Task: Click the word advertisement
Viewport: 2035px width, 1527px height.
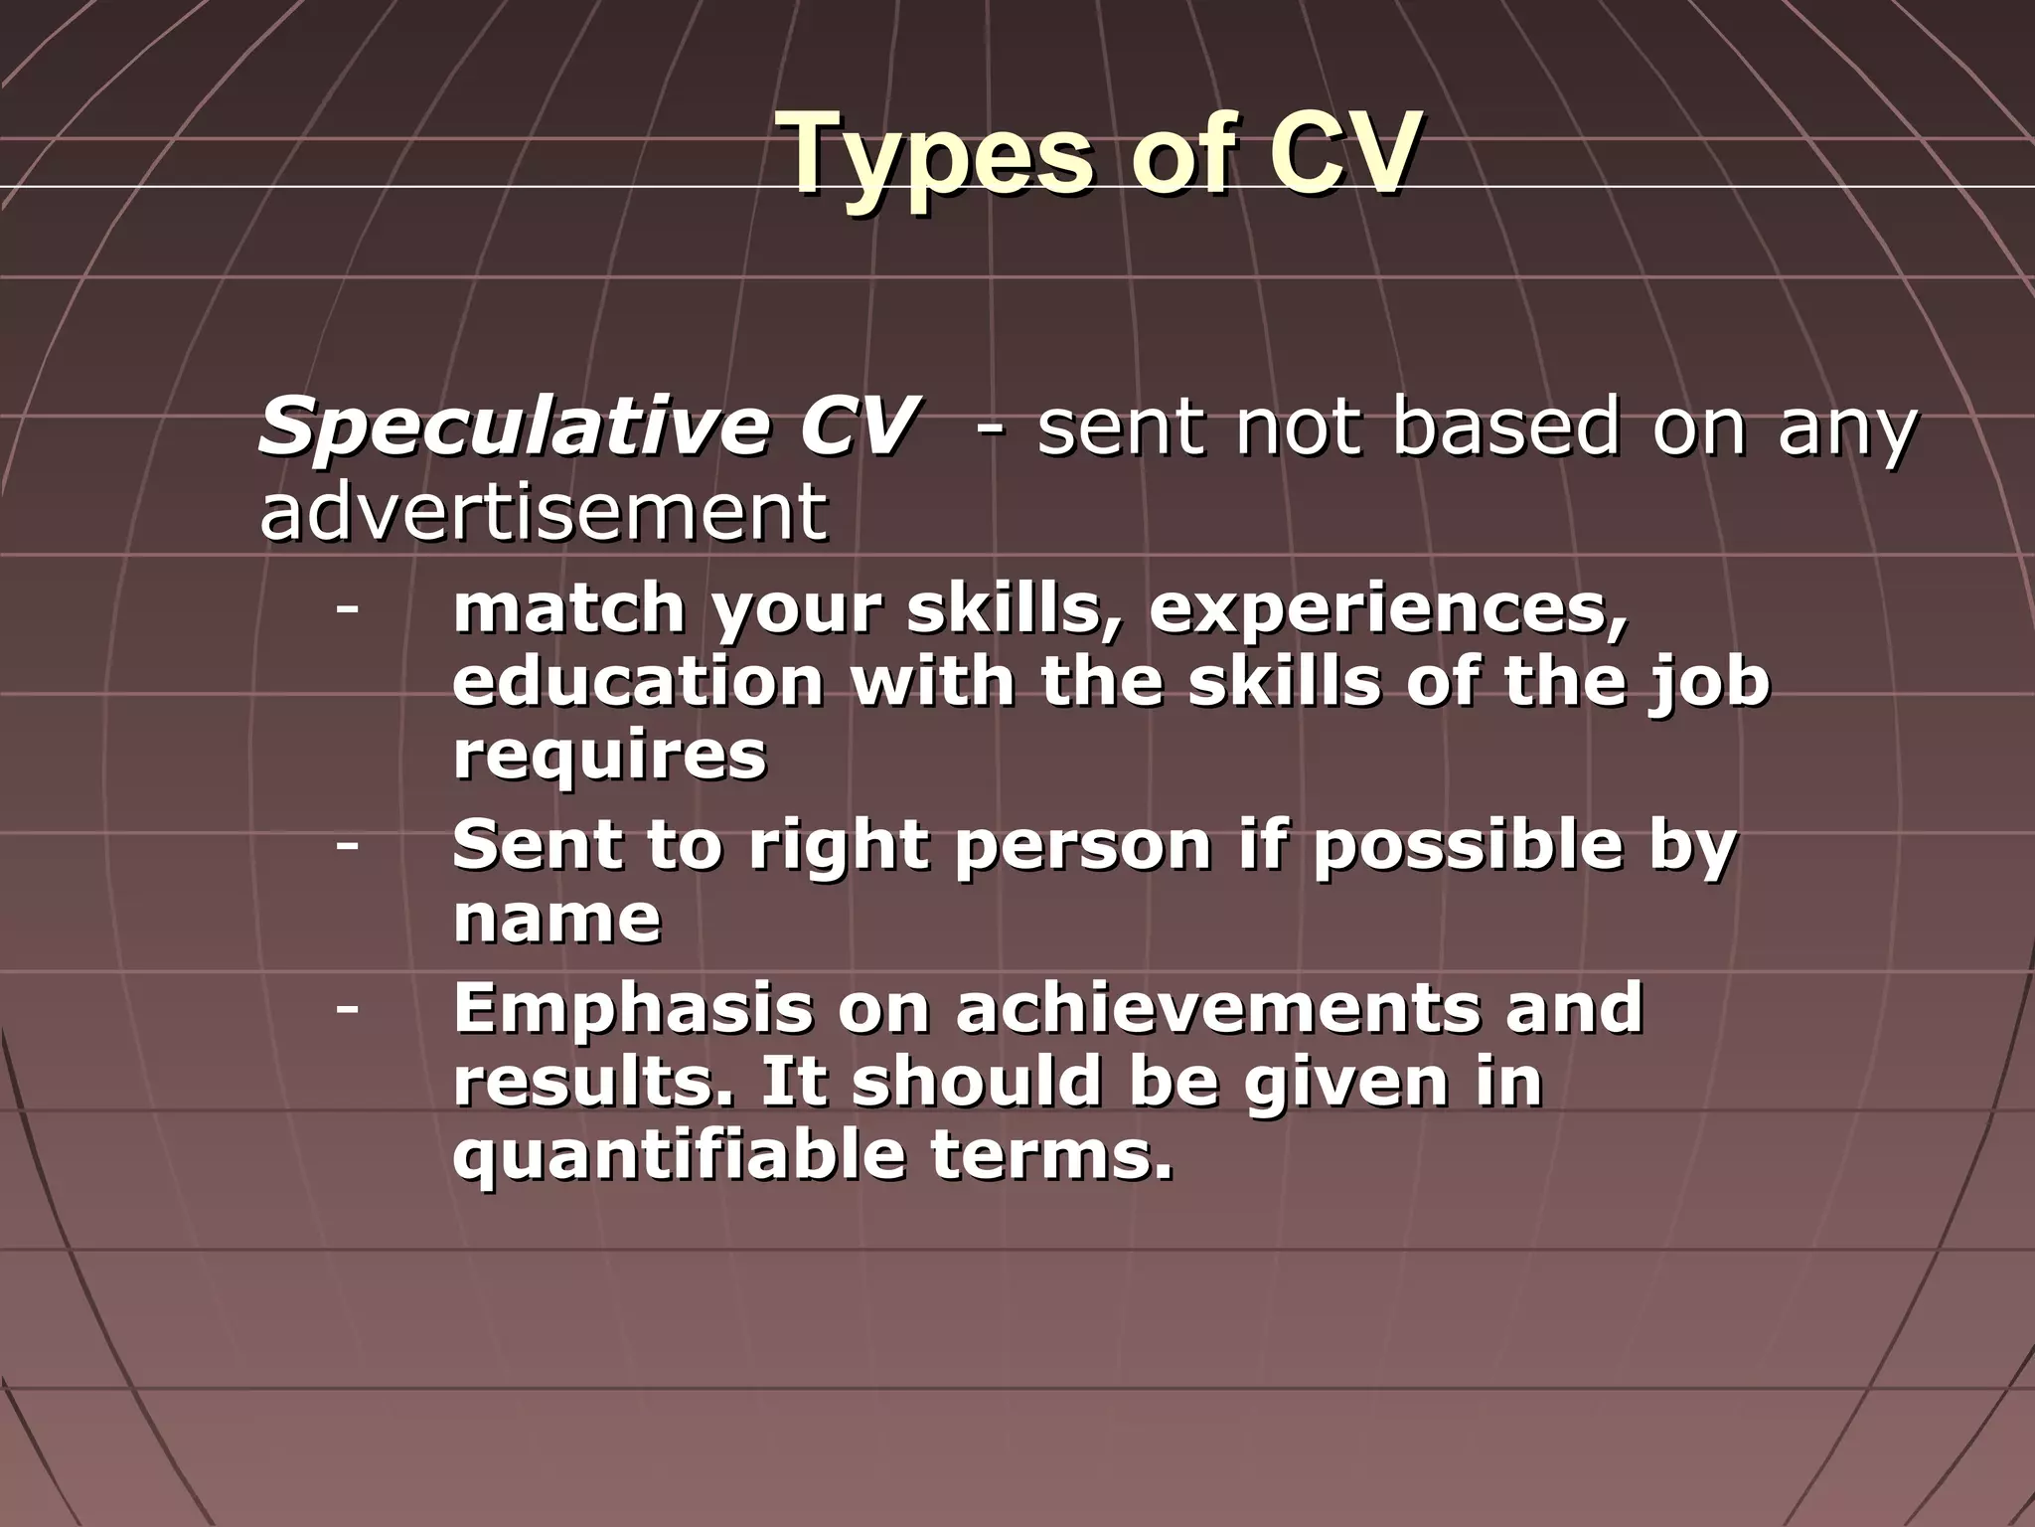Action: (543, 511)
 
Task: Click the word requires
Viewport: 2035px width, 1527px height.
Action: (609, 756)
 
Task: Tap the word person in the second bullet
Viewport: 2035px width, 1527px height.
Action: (1083, 846)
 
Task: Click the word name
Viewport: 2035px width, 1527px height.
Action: (556, 919)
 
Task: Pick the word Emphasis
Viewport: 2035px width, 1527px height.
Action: (632, 1008)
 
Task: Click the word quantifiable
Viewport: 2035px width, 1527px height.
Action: (679, 1155)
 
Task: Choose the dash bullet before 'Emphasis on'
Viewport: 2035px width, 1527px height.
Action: (347, 1008)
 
